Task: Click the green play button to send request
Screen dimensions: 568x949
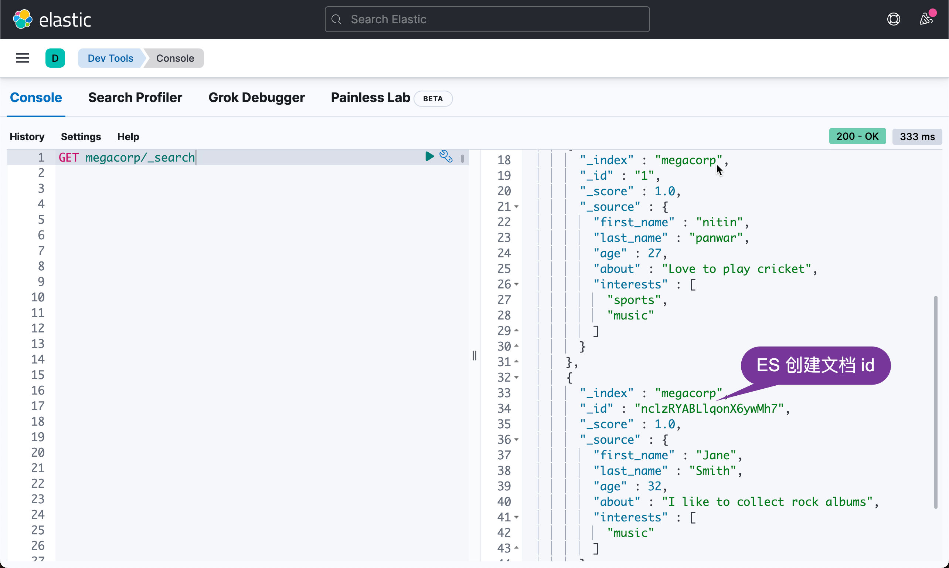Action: [429, 156]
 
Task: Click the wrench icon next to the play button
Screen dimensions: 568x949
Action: [446, 156]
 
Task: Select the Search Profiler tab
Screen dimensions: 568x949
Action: [135, 98]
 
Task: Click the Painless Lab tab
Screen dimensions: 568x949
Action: [370, 98]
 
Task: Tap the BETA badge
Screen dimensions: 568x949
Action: [433, 99]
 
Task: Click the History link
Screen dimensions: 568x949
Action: [27, 137]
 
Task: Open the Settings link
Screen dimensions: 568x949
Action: [81, 137]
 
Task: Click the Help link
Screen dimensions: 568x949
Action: [128, 137]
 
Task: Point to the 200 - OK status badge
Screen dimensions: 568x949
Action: [857, 136]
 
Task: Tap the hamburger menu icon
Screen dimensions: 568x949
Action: [23, 58]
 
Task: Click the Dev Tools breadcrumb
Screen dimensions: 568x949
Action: [110, 58]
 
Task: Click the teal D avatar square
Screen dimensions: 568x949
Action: [55, 58]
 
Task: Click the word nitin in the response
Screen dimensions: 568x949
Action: [719, 222]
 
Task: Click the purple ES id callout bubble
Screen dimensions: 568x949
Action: [815, 365]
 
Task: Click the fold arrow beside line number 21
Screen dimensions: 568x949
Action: [516, 207]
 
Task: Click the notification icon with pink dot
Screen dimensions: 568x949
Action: [926, 18]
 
